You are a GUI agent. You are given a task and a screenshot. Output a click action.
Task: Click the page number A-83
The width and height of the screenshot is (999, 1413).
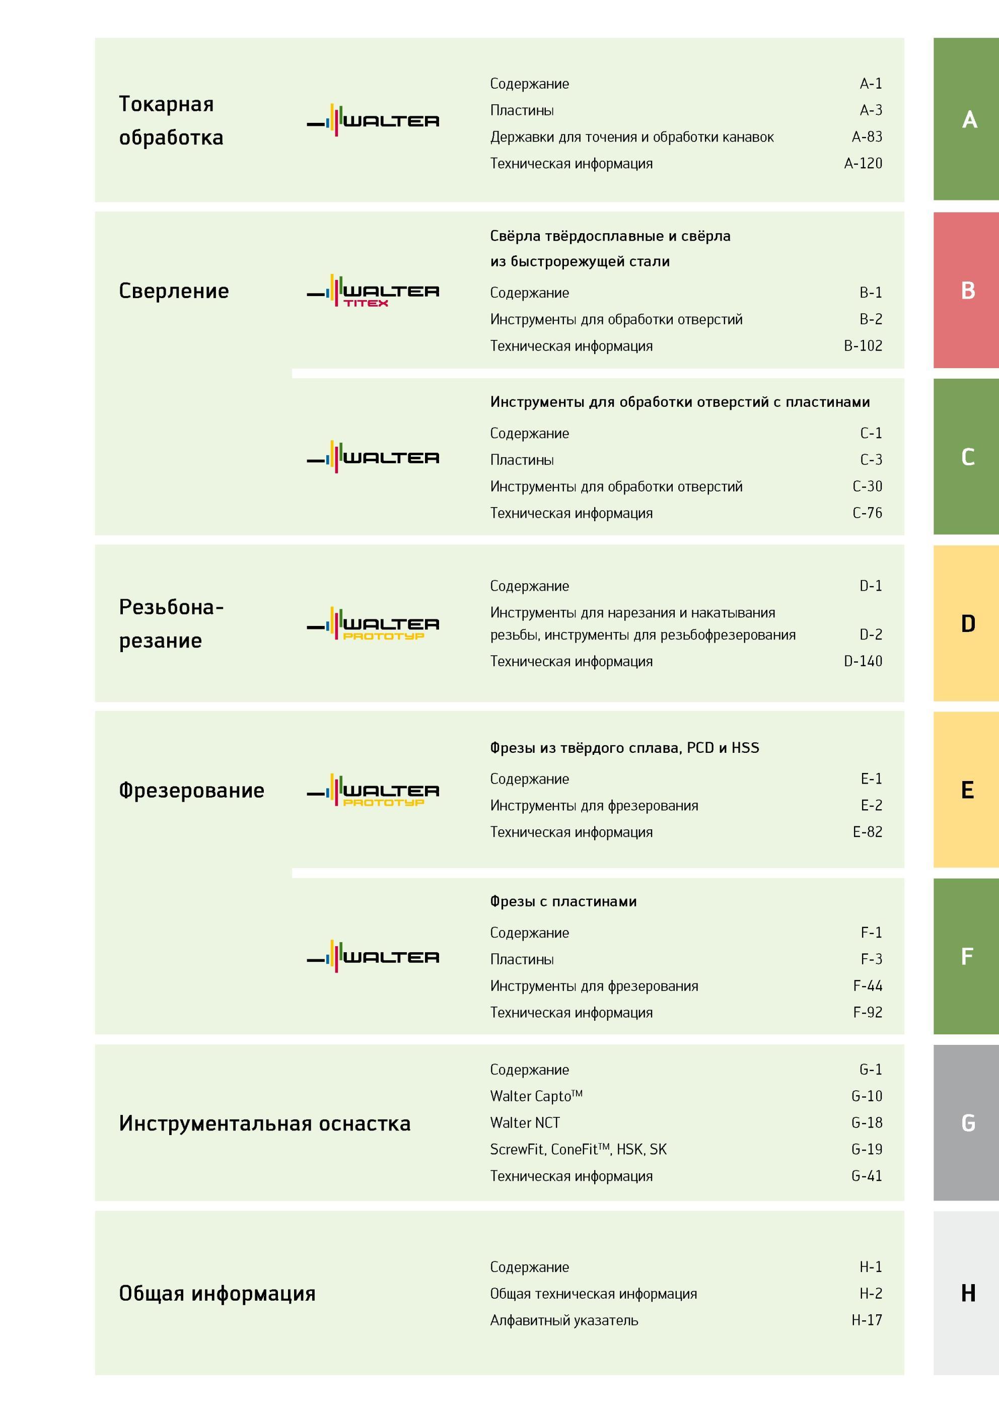(x=867, y=136)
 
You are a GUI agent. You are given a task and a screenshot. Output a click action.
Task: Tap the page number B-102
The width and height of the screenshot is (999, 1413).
(x=863, y=346)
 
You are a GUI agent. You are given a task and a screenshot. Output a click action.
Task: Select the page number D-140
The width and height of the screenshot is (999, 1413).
(x=863, y=661)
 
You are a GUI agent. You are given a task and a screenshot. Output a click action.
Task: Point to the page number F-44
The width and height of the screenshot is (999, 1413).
(x=867, y=986)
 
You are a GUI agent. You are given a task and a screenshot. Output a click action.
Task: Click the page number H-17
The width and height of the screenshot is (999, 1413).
(x=867, y=1320)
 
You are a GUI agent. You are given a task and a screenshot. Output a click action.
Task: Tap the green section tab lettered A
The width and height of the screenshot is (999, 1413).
(x=966, y=119)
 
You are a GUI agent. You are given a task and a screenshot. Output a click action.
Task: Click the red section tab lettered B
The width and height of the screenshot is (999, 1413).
(x=966, y=290)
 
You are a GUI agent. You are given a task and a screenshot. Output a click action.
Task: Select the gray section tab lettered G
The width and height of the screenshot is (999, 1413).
(x=966, y=1122)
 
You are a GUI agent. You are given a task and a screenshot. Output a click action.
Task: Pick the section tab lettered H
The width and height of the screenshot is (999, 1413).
(x=966, y=1293)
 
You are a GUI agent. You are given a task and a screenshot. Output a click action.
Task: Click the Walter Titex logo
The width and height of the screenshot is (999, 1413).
(x=373, y=291)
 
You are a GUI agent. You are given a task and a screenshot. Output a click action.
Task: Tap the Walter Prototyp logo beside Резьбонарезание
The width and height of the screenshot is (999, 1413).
(x=373, y=624)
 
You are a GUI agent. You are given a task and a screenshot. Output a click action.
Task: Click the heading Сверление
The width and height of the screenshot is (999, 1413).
(x=174, y=291)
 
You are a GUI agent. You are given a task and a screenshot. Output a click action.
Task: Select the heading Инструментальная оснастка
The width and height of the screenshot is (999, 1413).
(x=265, y=1123)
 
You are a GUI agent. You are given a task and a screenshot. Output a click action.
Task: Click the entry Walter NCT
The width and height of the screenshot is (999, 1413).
(x=525, y=1122)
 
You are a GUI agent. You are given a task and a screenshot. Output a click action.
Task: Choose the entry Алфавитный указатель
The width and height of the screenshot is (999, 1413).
(x=564, y=1320)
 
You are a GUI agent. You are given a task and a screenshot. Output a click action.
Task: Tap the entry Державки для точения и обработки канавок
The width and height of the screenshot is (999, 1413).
(x=631, y=136)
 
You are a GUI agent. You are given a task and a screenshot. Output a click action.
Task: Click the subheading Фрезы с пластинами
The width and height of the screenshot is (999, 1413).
(x=563, y=901)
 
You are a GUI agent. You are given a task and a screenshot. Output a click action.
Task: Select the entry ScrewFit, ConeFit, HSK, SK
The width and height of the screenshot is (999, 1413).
(x=578, y=1149)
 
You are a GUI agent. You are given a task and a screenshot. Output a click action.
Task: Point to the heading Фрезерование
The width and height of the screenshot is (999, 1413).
(x=191, y=790)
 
